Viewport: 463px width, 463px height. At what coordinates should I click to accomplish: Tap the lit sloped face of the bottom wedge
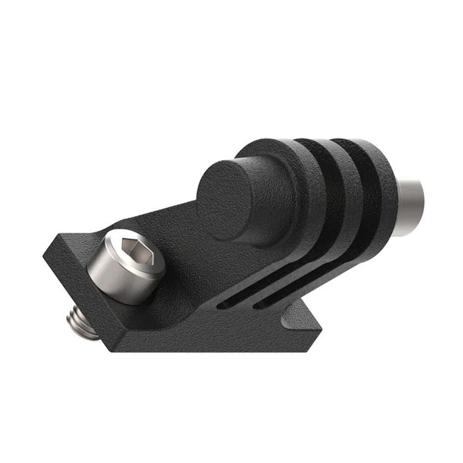pos(296,319)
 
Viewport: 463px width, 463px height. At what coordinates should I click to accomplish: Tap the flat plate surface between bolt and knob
pos(181,245)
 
